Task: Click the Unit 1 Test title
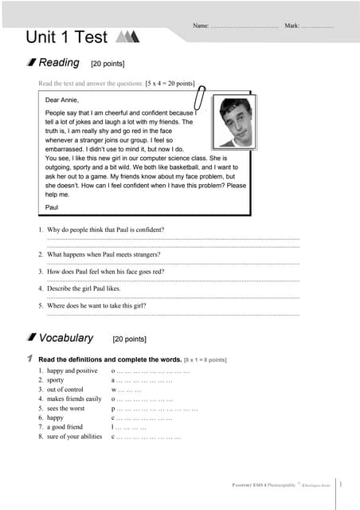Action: pyautogui.click(x=68, y=37)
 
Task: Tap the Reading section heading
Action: pyautogui.click(x=59, y=63)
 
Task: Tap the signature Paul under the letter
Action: pyautogui.click(x=52, y=206)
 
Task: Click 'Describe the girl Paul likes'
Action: pyautogui.click(x=84, y=288)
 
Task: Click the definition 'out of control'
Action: pyautogui.click(x=65, y=390)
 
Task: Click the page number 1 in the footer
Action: pyautogui.click(x=341, y=483)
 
